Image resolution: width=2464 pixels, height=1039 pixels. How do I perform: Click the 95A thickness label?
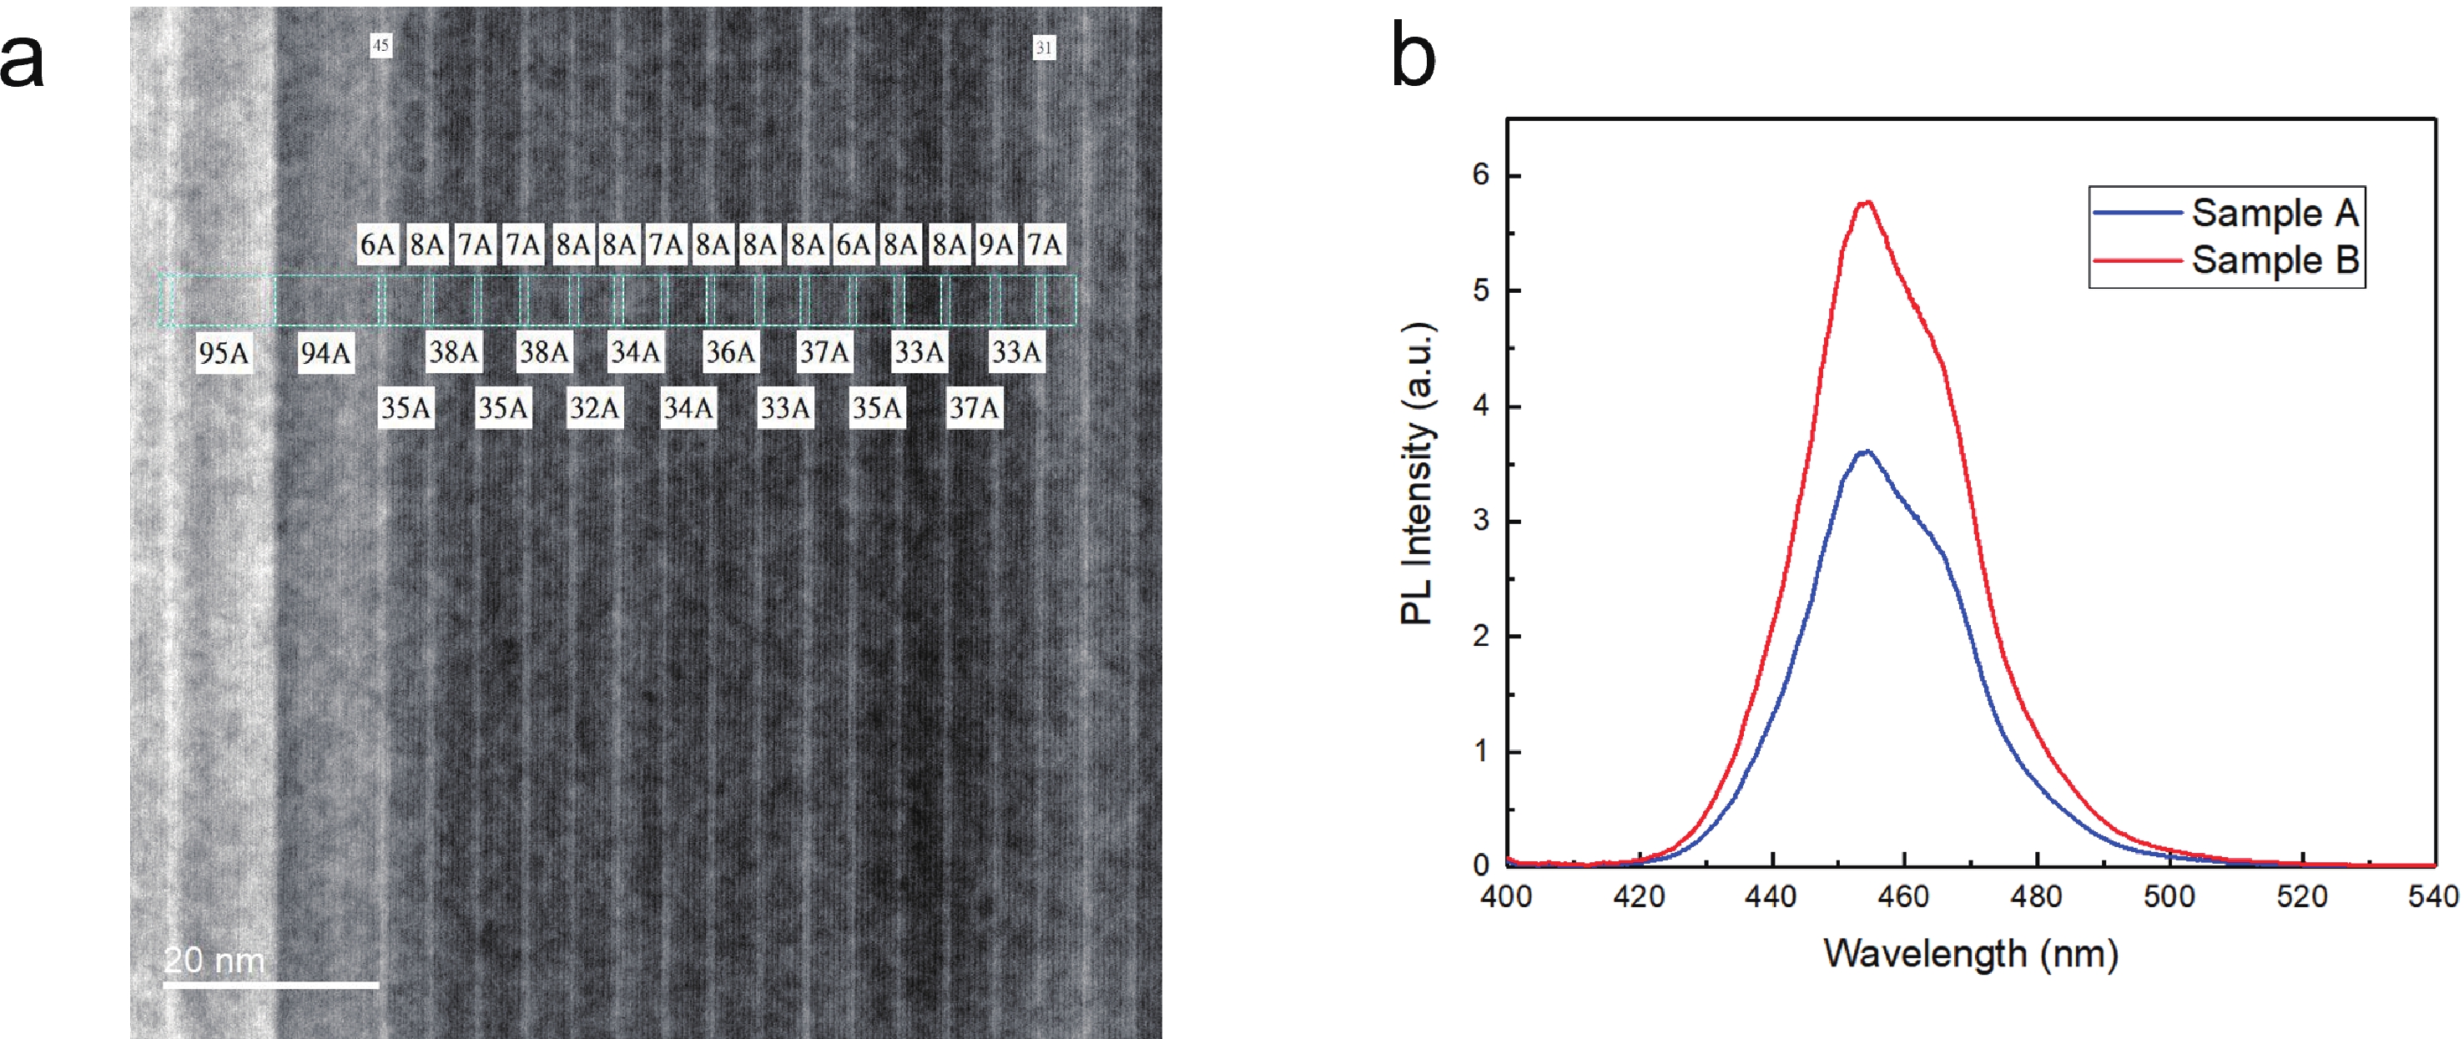[223, 353]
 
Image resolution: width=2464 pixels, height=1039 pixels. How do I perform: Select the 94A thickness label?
[325, 353]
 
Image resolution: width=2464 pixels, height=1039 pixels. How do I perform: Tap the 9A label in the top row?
[995, 245]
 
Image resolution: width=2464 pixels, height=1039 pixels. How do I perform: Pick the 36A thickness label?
[730, 352]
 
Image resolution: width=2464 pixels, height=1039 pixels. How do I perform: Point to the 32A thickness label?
[594, 409]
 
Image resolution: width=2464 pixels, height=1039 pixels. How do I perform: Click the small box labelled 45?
[380, 45]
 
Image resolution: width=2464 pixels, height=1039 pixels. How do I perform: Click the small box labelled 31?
[1044, 47]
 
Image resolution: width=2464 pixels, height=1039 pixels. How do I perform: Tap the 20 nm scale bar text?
[214, 960]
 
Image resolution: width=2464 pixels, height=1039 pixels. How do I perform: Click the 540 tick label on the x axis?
[2433, 895]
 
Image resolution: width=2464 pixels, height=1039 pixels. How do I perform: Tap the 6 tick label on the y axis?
[1481, 174]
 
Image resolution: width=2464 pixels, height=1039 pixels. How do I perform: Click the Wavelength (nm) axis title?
[1970, 953]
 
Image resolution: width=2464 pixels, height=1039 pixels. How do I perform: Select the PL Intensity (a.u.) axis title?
[1417, 473]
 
